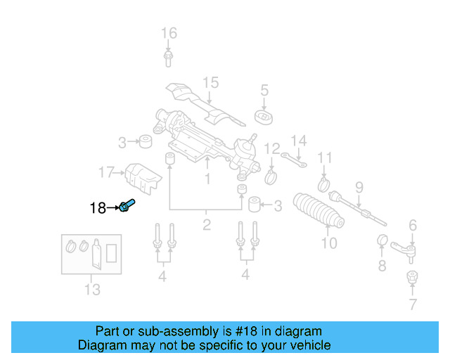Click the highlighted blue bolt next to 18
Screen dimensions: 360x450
[x=127, y=206]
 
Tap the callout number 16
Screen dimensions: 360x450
[x=169, y=33]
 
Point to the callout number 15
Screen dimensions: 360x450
[x=211, y=84]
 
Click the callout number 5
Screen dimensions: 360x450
[x=264, y=90]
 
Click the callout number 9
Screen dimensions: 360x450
[x=359, y=187]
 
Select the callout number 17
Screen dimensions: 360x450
[x=106, y=172]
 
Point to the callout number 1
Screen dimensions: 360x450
[x=207, y=179]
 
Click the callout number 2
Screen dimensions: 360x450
[x=206, y=225]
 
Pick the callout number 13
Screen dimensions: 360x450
[x=92, y=289]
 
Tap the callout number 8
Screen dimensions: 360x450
[x=382, y=266]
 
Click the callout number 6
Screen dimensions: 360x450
[x=413, y=225]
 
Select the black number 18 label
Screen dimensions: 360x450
[x=98, y=207]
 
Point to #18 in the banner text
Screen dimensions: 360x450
[x=252, y=331]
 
